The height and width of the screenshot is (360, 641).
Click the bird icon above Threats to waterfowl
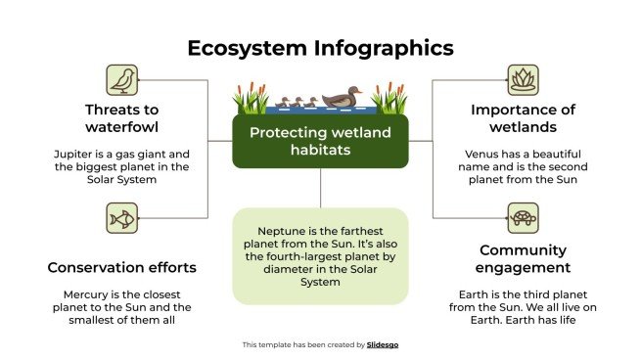pyautogui.click(x=122, y=80)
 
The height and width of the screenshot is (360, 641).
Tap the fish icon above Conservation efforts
pyautogui.click(x=122, y=218)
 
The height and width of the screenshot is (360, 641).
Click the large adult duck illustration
pyautogui.click(x=340, y=98)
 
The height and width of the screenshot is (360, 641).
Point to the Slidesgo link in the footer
pyautogui.click(x=382, y=344)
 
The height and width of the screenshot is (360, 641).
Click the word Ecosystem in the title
pyautogui.click(x=247, y=48)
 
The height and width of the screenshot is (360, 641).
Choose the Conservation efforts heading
pyautogui.click(x=122, y=267)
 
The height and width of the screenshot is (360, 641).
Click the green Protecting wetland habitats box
pyautogui.click(x=319, y=142)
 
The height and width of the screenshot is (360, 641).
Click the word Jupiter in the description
pyautogui.click(x=74, y=154)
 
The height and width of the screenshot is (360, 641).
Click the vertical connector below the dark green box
pyautogui.click(x=320, y=187)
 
